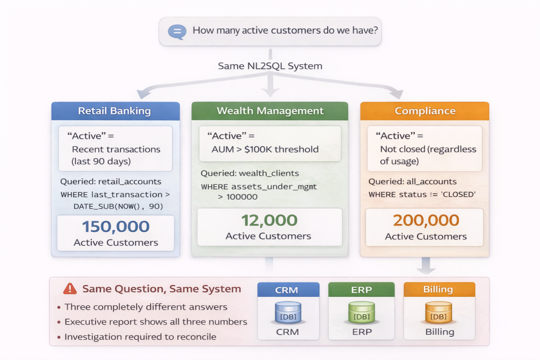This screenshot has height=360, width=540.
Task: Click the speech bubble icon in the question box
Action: point(176,31)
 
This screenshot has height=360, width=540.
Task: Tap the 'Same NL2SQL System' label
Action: point(270,66)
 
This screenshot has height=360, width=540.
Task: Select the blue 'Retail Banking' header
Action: point(114,111)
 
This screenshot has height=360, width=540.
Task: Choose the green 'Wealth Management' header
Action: point(270,111)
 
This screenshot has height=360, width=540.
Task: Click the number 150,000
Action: point(115,227)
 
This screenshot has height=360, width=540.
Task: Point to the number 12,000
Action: point(269,220)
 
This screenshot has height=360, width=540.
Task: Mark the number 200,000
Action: point(426,220)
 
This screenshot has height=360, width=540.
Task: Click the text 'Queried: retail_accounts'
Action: point(111,181)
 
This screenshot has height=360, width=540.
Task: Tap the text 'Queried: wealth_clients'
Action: point(249,173)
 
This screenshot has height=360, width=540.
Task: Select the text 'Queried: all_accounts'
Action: point(412,182)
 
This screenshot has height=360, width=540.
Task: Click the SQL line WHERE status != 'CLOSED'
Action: point(422,195)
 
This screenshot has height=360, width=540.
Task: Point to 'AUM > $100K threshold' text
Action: point(265,149)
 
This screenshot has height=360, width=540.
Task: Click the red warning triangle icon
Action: point(70,288)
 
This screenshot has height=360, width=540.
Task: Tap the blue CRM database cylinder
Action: point(287,313)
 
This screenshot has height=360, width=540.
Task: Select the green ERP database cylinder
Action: point(361,313)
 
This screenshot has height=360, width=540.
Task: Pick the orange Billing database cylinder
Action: point(439,313)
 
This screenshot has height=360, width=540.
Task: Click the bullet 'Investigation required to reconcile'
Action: point(140,337)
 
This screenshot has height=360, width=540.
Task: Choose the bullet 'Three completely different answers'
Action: point(146,307)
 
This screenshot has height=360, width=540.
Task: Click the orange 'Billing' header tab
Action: point(439,289)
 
